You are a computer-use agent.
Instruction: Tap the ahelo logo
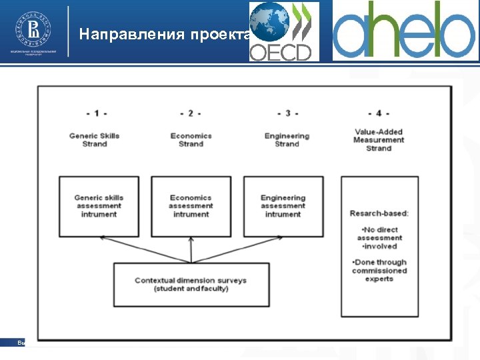coord(405,31)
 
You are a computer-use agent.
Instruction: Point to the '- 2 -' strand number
coord(191,113)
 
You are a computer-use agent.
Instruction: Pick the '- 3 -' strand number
coord(287,113)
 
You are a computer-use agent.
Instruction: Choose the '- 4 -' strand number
coord(379,113)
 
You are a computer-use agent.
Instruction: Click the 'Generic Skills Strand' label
coord(94,140)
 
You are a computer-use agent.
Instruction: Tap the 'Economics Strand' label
coord(191,140)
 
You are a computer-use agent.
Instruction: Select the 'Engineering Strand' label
coord(287,140)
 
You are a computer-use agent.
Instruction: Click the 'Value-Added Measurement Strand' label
coord(379,140)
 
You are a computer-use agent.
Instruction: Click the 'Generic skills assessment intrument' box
coord(99,206)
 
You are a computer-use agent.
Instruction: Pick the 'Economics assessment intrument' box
coord(191,206)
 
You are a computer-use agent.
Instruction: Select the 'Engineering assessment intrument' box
coord(283,206)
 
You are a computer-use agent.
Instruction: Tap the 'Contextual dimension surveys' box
coord(191,285)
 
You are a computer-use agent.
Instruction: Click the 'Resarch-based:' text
coord(379,213)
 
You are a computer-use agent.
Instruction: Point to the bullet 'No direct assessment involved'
coord(379,238)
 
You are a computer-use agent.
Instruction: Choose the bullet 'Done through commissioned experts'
coord(379,271)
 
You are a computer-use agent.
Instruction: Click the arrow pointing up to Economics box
coord(191,250)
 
